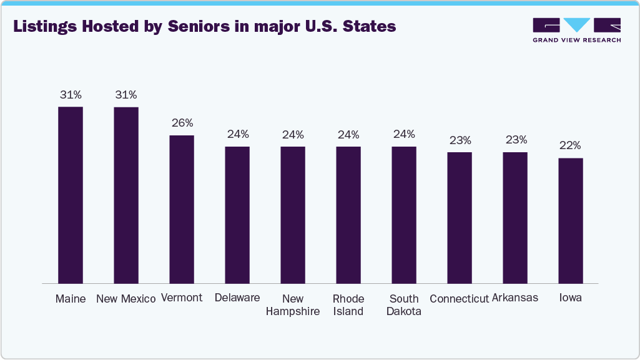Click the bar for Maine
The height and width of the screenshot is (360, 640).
click(71, 195)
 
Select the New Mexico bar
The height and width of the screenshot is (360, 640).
click(126, 195)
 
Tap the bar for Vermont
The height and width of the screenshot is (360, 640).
click(182, 209)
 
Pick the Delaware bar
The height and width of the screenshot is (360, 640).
click(237, 215)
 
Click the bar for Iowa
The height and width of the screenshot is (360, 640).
click(571, 220)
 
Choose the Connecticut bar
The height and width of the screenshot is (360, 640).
click(460, 217)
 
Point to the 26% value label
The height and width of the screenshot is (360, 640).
click(182, 123)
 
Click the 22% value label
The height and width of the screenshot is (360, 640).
click(571, 145)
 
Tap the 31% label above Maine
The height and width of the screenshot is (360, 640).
click(71, 95)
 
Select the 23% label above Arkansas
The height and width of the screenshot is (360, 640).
click(516, 140)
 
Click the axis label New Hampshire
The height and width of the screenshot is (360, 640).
click(293, 305)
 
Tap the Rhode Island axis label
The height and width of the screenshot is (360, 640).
click(348, 305)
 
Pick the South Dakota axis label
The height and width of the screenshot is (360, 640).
click(404, 305)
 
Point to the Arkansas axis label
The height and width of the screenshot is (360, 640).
click(515, 298)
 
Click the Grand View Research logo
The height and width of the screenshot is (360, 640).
click(576, 30)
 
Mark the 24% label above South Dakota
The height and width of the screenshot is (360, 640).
click(404, 134)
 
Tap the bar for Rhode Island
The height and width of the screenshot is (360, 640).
click(348, 215)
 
